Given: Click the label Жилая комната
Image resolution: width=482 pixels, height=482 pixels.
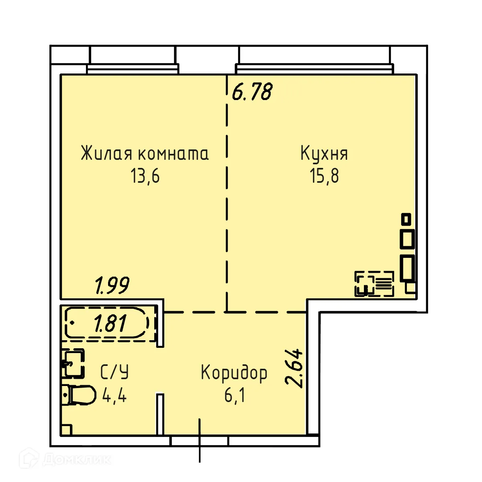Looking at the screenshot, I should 145,153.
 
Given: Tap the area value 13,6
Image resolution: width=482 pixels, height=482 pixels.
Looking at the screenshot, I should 145,176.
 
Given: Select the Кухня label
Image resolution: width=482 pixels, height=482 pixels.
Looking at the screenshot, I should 324,153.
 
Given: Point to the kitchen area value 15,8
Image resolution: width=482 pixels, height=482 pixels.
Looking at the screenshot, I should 324,176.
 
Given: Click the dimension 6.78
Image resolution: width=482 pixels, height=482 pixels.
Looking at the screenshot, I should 252,92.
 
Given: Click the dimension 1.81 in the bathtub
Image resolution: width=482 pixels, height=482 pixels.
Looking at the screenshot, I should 110,323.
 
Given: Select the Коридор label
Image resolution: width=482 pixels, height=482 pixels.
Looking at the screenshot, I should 234,373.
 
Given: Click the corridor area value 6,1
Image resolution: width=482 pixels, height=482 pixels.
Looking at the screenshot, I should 235,396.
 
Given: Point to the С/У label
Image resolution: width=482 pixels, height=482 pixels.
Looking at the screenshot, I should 114,373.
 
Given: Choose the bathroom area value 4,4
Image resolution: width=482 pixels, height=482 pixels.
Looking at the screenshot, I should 114,396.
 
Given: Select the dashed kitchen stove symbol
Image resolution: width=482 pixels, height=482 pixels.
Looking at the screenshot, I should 374,284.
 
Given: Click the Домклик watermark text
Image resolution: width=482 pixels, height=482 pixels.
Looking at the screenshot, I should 76,459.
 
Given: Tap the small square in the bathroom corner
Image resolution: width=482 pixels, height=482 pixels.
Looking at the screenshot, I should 66,429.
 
